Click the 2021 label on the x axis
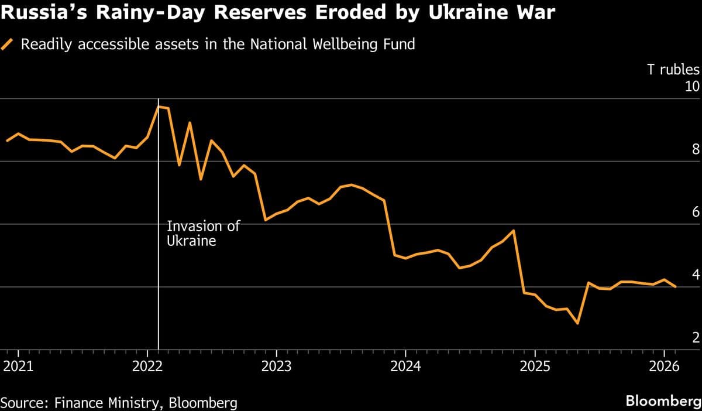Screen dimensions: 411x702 [x=18, y=367]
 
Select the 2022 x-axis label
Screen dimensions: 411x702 [x=147, y=367]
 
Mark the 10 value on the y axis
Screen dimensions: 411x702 [x=692, y=87]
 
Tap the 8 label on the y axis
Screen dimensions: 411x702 [x=696, y=149]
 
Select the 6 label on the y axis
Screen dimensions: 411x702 [x=696, y=212]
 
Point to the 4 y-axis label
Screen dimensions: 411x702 [x=696, y=275]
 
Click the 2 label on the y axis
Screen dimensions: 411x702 [x=696, y=337]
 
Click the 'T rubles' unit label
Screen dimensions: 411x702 [x=673, y=70]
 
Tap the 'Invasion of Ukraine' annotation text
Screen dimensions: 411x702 [x=203, y=233]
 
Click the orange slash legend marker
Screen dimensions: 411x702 [x=8, y=44]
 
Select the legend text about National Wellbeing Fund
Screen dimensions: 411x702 [x=218, y=44]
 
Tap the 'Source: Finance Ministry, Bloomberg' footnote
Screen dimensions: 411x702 [x=119, y=402]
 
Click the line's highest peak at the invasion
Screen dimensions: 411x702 [x=159, y=107]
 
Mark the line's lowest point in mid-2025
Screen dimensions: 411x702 [x=577, y=323]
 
